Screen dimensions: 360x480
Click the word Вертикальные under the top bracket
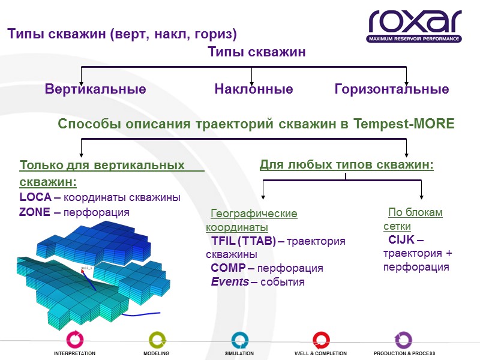pos(95,89)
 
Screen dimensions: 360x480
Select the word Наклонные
pos(254,89)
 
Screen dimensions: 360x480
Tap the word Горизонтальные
pos(391,89)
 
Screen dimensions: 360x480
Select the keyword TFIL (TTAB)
pos(243,241)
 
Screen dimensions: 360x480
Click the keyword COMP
pos(227,268)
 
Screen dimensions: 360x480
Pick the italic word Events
pos(230,281)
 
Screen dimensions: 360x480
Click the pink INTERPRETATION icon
pos(74,338)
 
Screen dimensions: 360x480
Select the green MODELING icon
pos(156,338)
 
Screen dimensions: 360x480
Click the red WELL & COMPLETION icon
pos(320,338)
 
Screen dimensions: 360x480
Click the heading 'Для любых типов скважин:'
pos(346,164)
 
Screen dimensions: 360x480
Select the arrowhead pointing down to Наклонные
pos(252,81)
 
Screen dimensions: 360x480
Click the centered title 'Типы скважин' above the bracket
pos(257,52)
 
